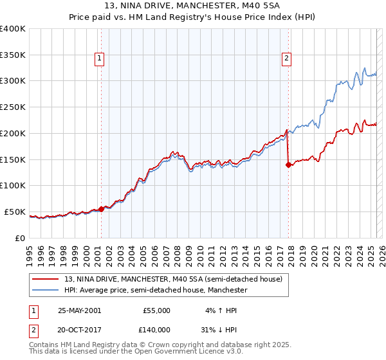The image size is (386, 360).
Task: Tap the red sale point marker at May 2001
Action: [102, 209]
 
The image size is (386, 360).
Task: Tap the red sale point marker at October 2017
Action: [288, 165]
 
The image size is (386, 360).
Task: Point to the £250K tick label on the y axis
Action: [13, 107]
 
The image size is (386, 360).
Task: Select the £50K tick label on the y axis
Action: [15, 212]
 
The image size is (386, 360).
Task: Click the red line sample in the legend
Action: [46, 280]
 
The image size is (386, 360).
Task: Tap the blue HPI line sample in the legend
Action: [46, 291]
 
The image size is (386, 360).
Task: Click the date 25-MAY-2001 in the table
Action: [79, 310]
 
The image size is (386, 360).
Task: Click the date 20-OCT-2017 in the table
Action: [79, 329]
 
